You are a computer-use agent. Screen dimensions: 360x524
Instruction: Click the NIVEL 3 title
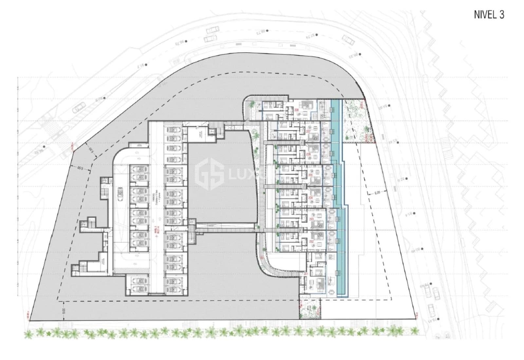click(489, 15)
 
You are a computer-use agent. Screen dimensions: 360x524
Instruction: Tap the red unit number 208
click(296, 110)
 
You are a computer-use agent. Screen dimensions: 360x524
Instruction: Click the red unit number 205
click(310, 175)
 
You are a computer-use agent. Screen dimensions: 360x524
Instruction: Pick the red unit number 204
click(310, 198)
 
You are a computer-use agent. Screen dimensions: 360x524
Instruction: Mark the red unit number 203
click(310, 220)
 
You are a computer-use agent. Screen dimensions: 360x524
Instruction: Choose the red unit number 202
click(310, 242)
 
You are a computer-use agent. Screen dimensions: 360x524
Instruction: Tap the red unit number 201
click(305, 274)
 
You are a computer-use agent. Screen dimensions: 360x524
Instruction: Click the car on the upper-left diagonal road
click(79, 107)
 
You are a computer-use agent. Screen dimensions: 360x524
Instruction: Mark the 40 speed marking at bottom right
click(447, 335)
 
